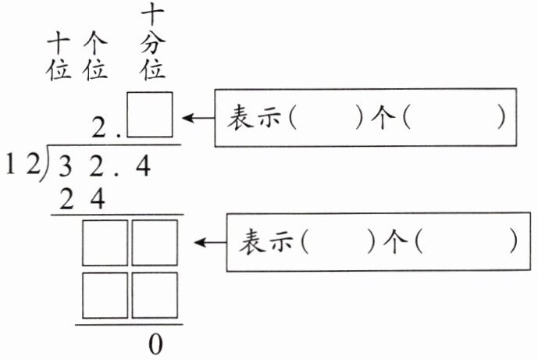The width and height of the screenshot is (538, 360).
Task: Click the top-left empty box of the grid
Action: pos(105,243)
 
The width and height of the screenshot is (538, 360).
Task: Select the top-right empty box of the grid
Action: pos(155,243)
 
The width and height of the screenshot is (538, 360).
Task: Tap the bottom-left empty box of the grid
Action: pos(105,294)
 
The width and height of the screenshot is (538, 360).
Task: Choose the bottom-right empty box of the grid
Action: pos(155,294)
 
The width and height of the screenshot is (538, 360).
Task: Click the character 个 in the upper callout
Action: pos(383,119)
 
